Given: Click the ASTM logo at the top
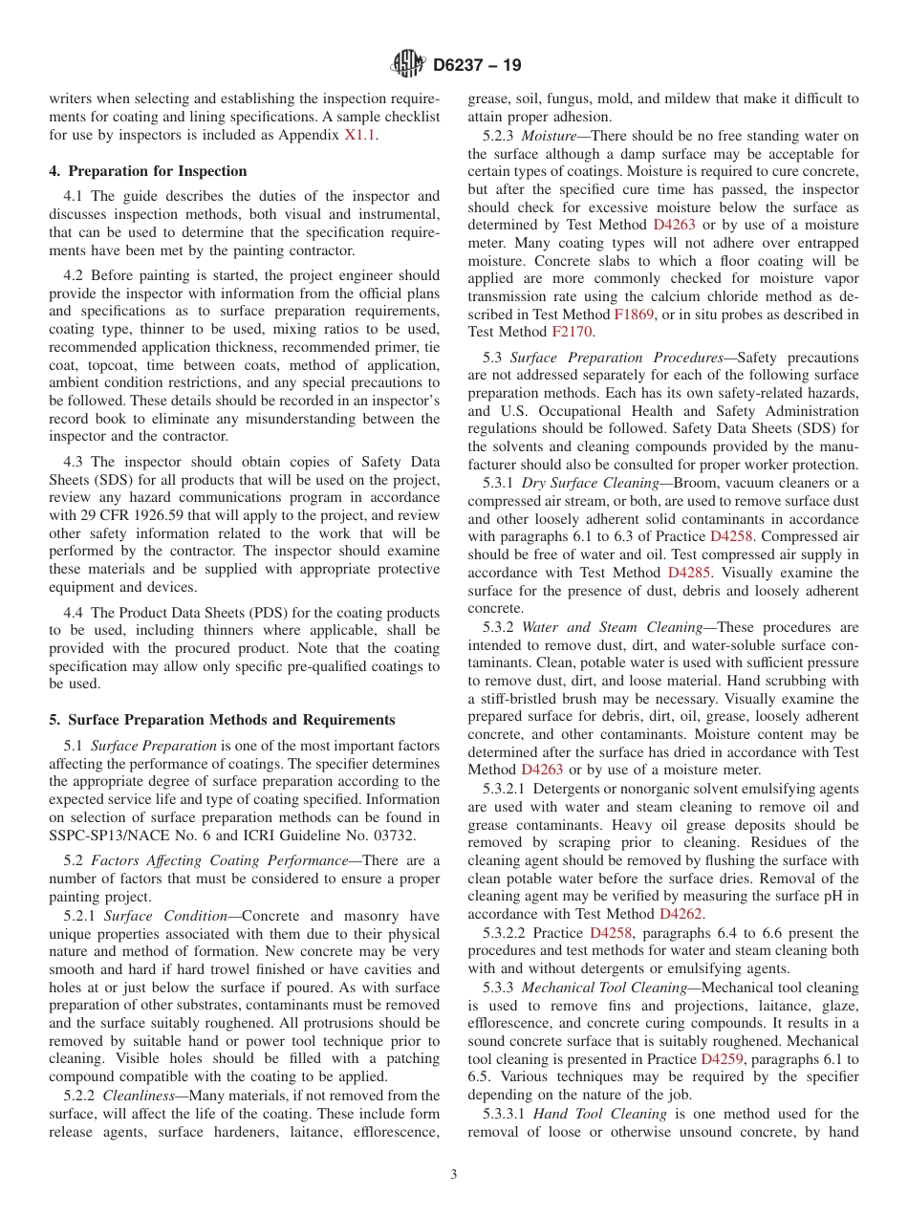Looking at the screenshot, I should [x=408, y=65].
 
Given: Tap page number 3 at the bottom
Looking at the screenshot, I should [x=454, y=1175].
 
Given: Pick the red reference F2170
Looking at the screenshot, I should [x=573, y=333].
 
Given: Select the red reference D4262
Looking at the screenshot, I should [x=681, y=914].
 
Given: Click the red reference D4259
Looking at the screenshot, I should [x=722, y=1059].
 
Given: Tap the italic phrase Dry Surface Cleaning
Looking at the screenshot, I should [x=590, y=483].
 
